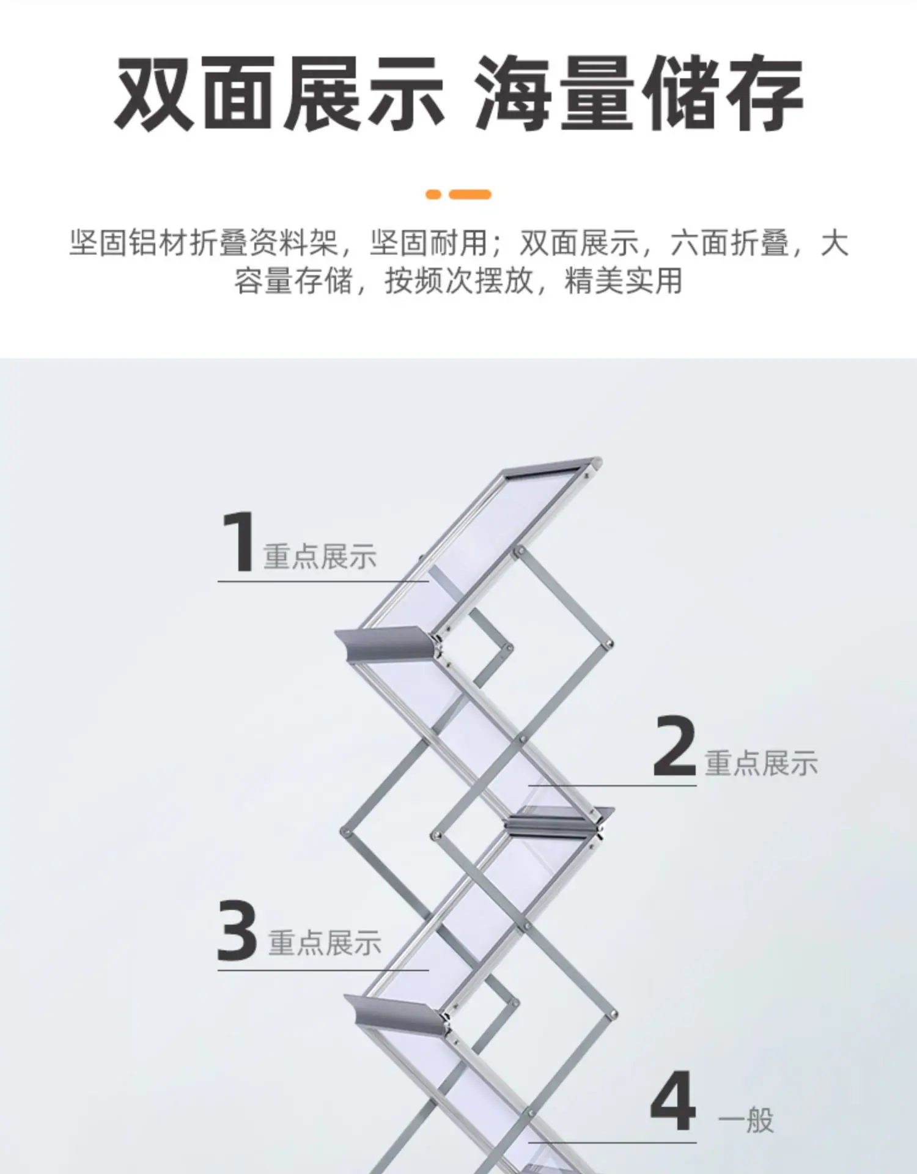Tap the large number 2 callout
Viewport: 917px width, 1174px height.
tap(675, 746)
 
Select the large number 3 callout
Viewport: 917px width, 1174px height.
tap(237, 929)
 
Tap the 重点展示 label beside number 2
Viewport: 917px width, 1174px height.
tap(761, 763)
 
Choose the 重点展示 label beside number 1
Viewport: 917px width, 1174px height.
tap(320, 556)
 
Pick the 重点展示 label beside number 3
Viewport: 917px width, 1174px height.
tap(325, 942)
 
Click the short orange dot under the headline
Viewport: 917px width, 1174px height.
tap(433, 194)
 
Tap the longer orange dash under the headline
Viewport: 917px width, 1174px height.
tap(470, 194)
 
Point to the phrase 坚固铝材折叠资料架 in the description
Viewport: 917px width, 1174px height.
tap(204, 243)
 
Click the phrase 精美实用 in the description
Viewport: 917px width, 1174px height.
tap(623, 281)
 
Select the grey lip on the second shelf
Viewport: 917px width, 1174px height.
tap(558, 819)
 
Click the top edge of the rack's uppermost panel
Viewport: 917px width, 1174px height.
tap(550, 465)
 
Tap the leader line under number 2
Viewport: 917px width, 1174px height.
tap(613, 785)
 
